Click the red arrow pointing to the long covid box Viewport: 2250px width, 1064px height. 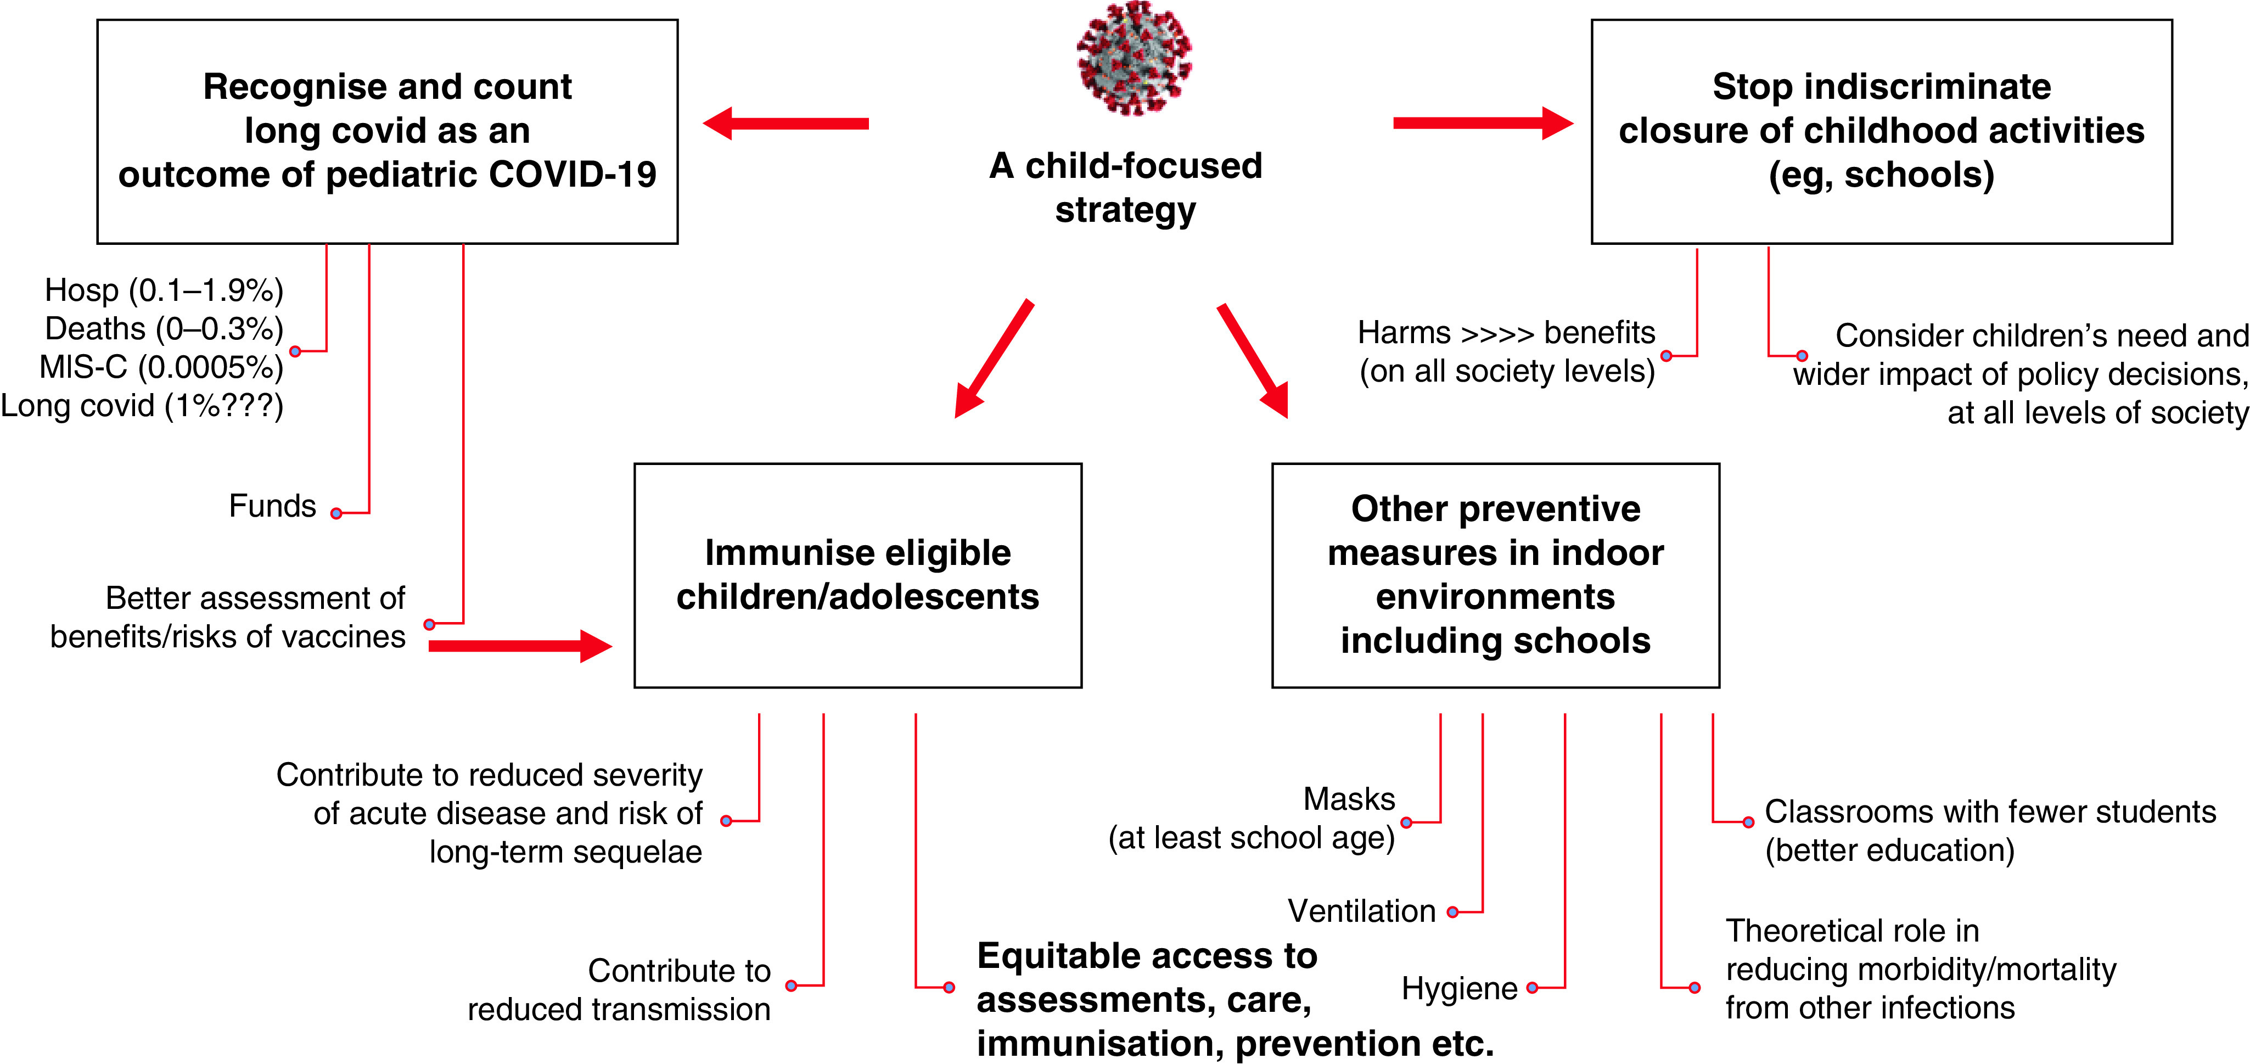point(786,123)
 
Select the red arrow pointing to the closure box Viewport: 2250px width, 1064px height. point(1483,123)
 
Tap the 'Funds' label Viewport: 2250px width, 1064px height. point(272,506)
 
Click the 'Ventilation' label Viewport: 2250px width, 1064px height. point(1362,911)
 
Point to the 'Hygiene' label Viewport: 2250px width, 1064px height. point(1460,989)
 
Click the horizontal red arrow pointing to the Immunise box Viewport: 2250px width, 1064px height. point(520,646)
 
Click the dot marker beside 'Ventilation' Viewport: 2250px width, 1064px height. point(1452,912)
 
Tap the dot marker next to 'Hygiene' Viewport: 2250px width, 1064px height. point(1532,988)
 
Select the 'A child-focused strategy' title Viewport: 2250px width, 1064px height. point(1126,188)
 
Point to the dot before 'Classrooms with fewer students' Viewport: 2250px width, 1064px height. point(1748,822)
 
